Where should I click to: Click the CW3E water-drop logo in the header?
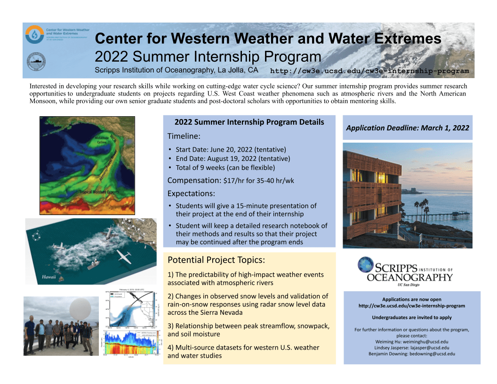click(x=34, y=34)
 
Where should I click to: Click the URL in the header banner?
click(x=369, y=71)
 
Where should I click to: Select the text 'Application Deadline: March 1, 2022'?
click(x=407, y=128)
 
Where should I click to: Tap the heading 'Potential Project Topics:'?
click(x=216, y=260)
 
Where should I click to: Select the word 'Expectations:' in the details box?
click(x=191, y=193)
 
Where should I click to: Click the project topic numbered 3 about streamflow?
click(x=248, y=330)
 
